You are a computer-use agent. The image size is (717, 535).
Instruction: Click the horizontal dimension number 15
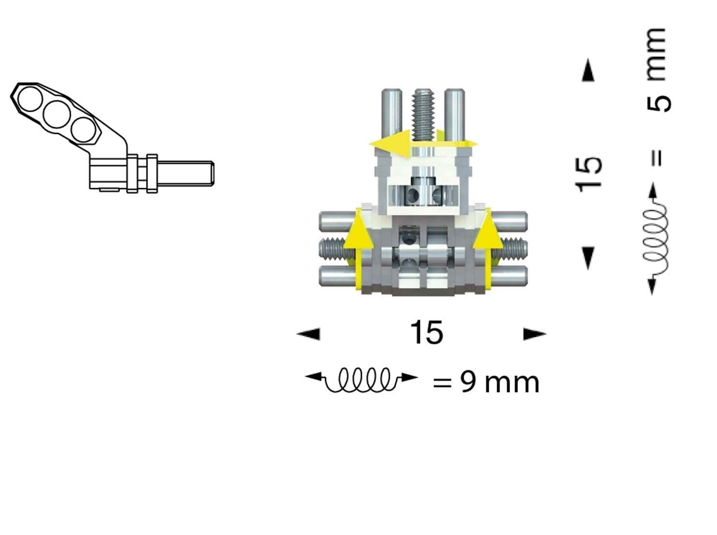click(426, 333)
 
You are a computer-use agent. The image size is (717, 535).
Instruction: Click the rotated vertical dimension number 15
click(589, 173)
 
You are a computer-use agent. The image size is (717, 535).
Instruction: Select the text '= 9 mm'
click(486, 382)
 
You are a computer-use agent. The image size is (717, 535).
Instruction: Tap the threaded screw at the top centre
click(423, 114)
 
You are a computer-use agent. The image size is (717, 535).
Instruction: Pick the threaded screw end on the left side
click(331, 249)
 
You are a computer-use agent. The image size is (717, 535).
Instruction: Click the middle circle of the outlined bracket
click(57, 114)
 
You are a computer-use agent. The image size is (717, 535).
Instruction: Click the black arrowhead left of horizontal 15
click(309, 334)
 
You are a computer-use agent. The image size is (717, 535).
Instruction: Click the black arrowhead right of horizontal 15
click(535, 334)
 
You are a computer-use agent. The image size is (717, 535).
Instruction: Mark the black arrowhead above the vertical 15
click(588, 71)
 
